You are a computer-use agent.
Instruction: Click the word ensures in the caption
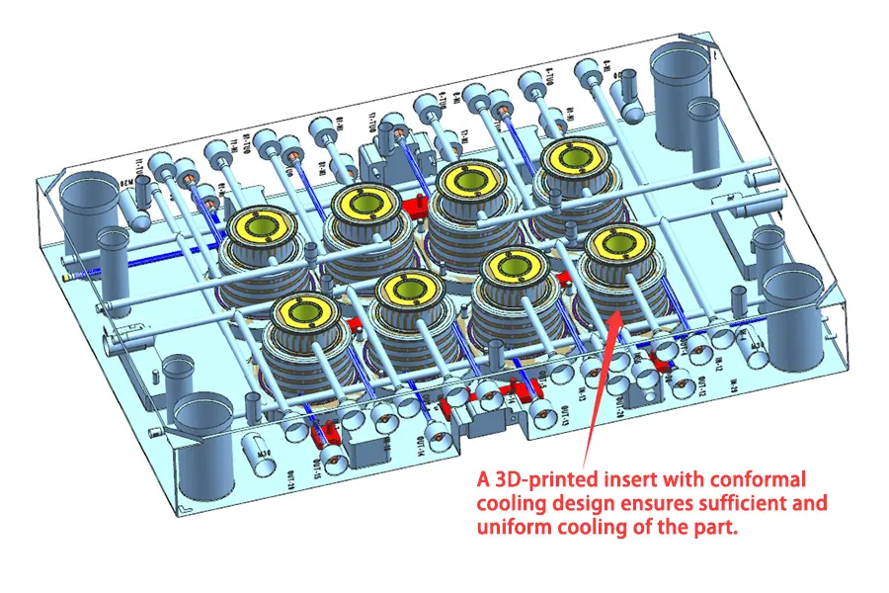(648, 504)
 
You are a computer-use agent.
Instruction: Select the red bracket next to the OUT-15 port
(324, 435)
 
